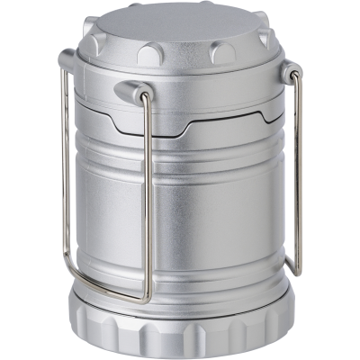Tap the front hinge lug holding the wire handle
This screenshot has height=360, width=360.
[133, 91]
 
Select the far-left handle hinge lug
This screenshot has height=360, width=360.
[67, 61]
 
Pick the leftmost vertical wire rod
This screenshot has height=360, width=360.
[64, 171]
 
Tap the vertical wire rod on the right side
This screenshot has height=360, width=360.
[298, 171]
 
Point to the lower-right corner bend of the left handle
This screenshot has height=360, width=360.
[144, 295]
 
